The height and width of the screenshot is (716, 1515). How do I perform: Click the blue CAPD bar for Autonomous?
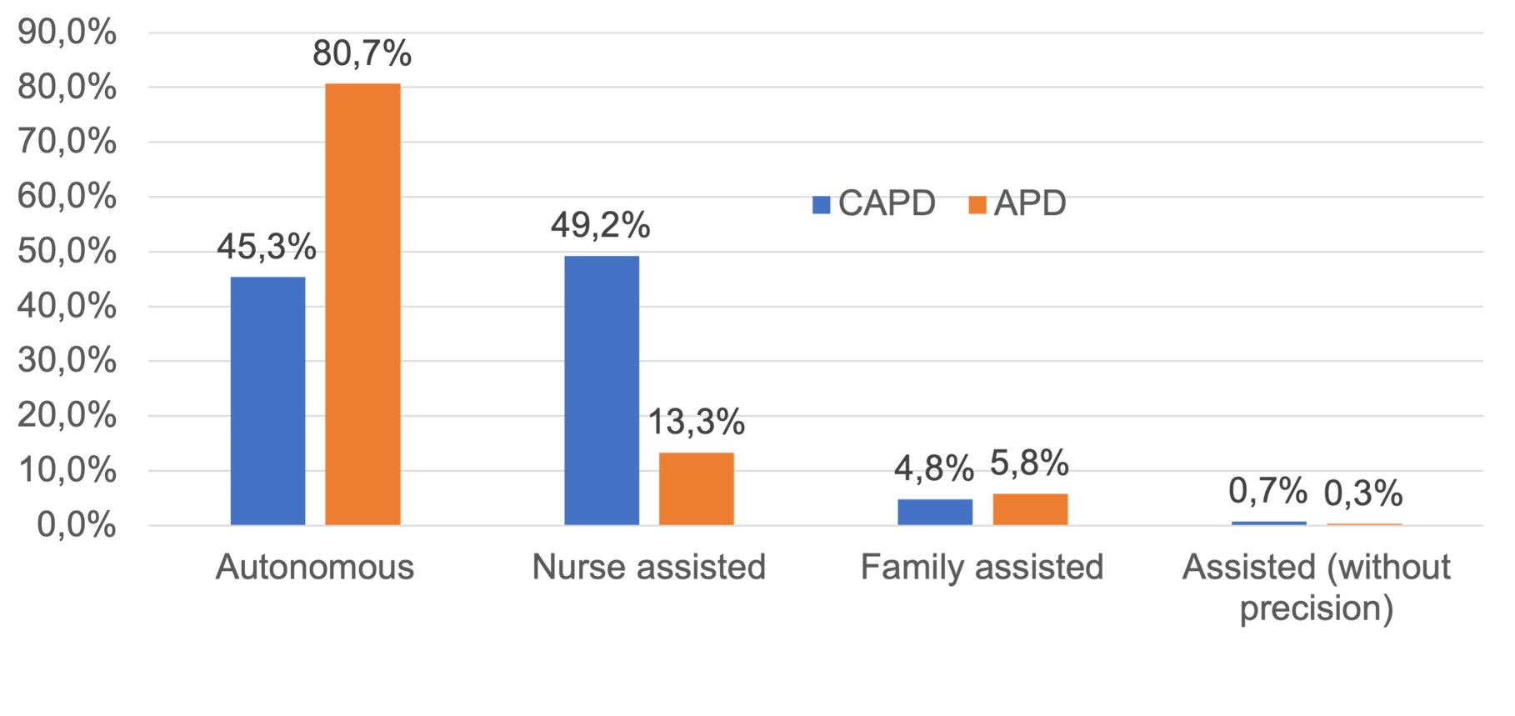267,400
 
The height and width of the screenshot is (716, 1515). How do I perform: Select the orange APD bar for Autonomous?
362,304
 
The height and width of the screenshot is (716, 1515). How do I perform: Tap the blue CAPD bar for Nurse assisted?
602,389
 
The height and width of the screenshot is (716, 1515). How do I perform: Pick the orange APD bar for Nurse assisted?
697,488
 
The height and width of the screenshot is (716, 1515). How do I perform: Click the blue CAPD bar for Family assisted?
935,511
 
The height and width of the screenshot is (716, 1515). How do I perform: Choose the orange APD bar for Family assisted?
1030,508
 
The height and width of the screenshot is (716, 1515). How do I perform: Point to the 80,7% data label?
362,54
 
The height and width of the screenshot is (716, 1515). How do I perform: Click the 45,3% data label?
267,246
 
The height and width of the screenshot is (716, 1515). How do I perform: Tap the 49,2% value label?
601,225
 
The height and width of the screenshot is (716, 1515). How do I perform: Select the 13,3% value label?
697,423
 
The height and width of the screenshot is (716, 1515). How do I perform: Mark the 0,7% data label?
1267,491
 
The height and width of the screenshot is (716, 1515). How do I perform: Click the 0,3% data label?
1363,494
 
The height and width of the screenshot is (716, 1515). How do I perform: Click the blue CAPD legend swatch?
822,205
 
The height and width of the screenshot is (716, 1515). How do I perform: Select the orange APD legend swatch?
977,205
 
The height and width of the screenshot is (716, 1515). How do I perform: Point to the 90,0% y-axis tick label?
67,33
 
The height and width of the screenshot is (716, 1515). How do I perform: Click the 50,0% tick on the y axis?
67,252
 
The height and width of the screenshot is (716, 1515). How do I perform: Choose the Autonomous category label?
315,567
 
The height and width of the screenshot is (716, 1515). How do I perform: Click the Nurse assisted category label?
648,567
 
